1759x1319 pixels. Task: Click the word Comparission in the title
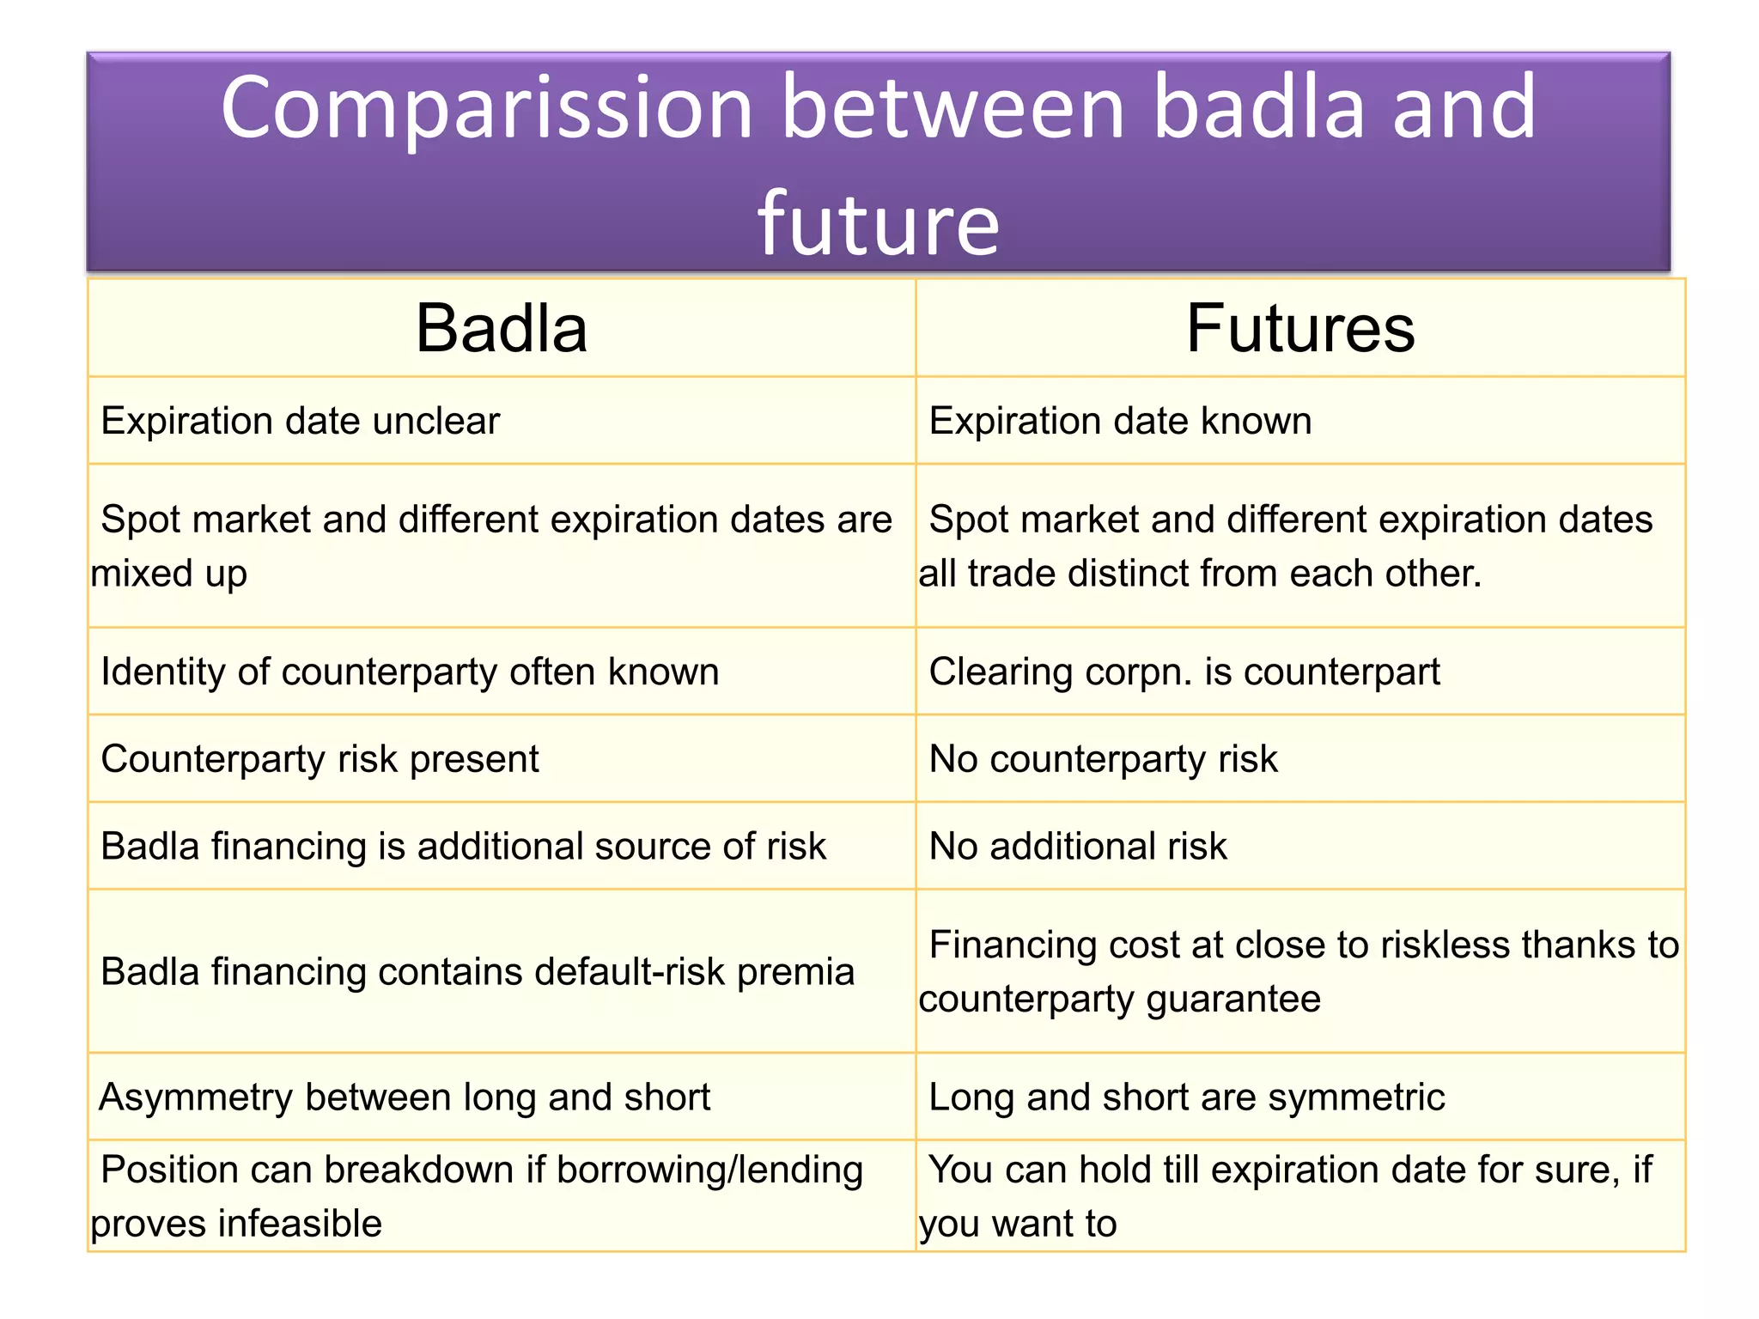(x=486, y=109)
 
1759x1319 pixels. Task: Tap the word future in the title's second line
(x=878, y=224)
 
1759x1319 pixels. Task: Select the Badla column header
(x=502, y=329)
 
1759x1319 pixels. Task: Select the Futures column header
(x=1299, y=329)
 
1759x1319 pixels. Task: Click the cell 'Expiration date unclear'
(x=300, y=422)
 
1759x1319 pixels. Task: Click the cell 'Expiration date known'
(x=1120, y=422)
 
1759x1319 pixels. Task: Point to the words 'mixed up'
(x=169, y=574)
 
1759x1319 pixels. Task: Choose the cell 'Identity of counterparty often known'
(x=410, y=672)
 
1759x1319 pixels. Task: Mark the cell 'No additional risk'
(x=1078, y=847)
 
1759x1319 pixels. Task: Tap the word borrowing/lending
(x=709, y=1170)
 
